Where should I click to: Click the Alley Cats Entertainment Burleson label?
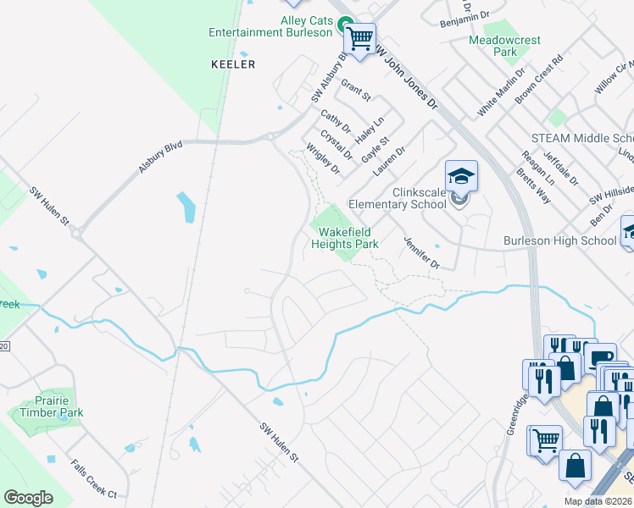[271, 26]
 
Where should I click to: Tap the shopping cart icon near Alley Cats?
[360, 38]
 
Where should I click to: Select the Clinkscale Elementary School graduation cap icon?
[461, 176]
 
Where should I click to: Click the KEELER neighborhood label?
[232, 64]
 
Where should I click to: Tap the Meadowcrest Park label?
[505, 46]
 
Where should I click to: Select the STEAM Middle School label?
[582, 138]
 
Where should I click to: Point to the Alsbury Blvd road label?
[161, 158]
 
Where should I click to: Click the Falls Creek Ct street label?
[93, 479]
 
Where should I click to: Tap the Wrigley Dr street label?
[323, 158]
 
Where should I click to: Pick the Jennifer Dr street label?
[421, 252]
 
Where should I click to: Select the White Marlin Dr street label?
[502, 92]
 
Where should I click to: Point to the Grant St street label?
[356, 91]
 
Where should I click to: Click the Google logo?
[28, 498]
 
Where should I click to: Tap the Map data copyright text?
[598, 501]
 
